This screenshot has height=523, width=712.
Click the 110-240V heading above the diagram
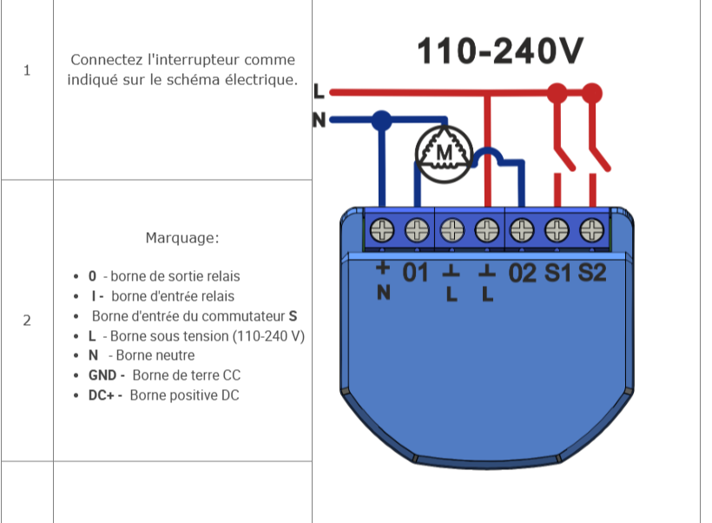pyautogui.click(x=500, y=51)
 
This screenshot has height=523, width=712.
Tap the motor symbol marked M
pyautogui.click(x=444, y=154)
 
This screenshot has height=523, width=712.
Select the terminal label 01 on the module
pyautogui.click(x=415, y=273)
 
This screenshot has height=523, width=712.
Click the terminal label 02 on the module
pyautogui.click(x=522, y=273)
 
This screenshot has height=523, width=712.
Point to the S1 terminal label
pyautogui.click(x=557, y=273)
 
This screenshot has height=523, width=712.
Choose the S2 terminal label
pyautogui.click(x=592, y=273)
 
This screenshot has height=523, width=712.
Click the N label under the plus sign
pyautogui.click(x=384, y=293)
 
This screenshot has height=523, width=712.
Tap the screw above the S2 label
pyautogui.click(x=591, y=230)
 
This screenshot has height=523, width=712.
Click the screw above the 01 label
pyautogui.click(x=417, y=230)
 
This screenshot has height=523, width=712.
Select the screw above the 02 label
pyautogui.click(x=522, y=230)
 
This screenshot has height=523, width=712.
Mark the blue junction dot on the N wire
pyautogui.click(x=382, y=121)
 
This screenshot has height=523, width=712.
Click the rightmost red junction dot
pyautogui.click(x=591, y=94)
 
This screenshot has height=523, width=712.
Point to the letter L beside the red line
pyautogui.click(x=319, y=91)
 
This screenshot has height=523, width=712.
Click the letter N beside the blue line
pyautogui.click(x=320, y=120)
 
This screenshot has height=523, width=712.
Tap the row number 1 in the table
pyautogui.click(x=27, y=70)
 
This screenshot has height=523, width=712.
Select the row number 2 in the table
pyautogui.click(x=27, y=321)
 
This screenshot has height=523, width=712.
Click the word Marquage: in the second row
pyautogui.click(x=182, y=238)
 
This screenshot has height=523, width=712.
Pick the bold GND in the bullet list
pyautogui.click(x=102, y=375)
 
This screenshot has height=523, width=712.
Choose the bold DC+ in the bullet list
pyautogui.click(x=102, y=395)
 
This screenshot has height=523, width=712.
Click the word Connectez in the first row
pyautogui.click(x=107, y=60)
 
